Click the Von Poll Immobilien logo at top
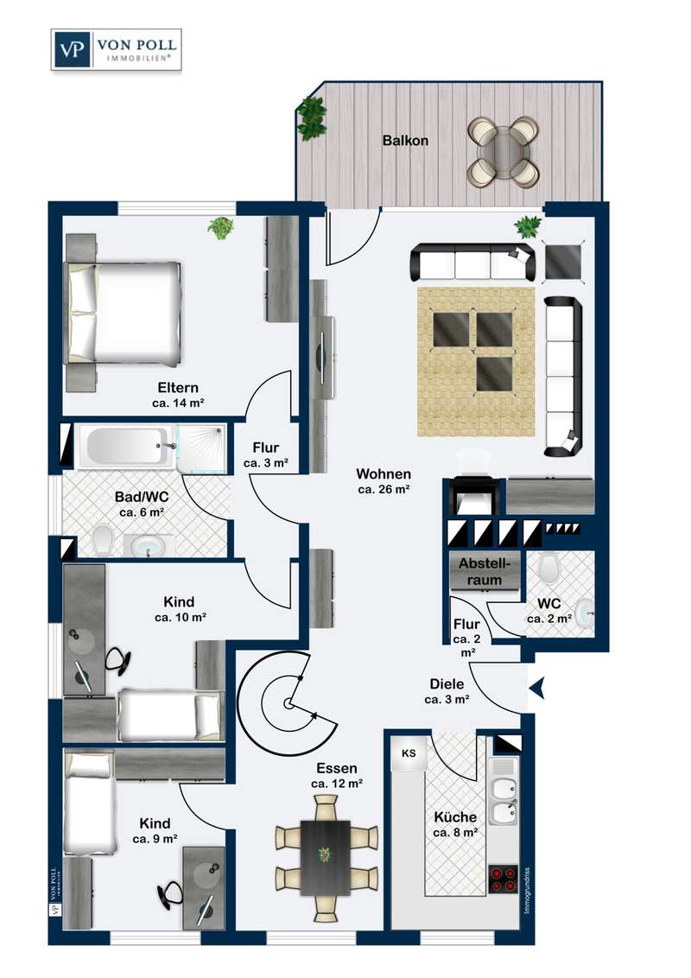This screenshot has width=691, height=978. [116, 49]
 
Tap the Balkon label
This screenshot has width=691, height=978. [405, 140]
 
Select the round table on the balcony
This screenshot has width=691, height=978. [504, 152]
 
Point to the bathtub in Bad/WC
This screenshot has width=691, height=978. [127, 445]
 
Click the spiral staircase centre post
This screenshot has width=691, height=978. [288, 703]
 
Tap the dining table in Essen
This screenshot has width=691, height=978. [325, 858]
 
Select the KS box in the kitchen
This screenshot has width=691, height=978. [409, 753]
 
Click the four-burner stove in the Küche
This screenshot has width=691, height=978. [503, 879]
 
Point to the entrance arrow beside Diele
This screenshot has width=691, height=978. [537, 689]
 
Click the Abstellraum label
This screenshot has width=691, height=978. [485, 571]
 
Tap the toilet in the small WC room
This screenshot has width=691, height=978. [548, 568]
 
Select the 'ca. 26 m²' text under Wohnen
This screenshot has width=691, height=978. [384, 490]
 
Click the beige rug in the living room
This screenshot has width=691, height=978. [477, 362]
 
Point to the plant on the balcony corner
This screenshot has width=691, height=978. [311, 118]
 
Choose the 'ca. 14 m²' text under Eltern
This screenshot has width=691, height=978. [178, 403]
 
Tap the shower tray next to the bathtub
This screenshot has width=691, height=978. [201, 447]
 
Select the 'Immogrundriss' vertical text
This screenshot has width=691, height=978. [528, 891]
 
